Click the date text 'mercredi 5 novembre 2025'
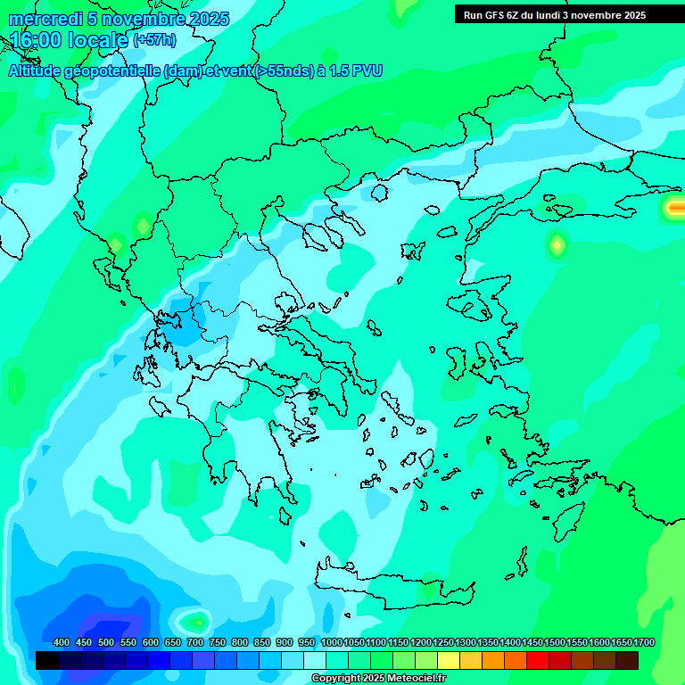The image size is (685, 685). click(x=120, y=19)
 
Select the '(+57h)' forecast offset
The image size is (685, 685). click(x=154, y=40)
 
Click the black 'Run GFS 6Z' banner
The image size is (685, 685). click(x=554, y=14)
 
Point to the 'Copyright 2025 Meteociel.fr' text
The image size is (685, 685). click(x=378, y=679)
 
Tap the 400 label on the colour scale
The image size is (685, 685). click(x=62, y=642)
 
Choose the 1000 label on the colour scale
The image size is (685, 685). click(x=331, y=642)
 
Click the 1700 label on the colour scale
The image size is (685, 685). click(x=644, y=642)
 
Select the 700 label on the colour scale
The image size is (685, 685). click(x=195, y=642)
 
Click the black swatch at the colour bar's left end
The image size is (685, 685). click(x=47, y=660)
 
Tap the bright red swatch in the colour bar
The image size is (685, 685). click(x=538, y=660)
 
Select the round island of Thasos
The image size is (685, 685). click(x=379, y=193)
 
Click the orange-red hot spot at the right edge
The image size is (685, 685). click(x=673, y=208)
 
